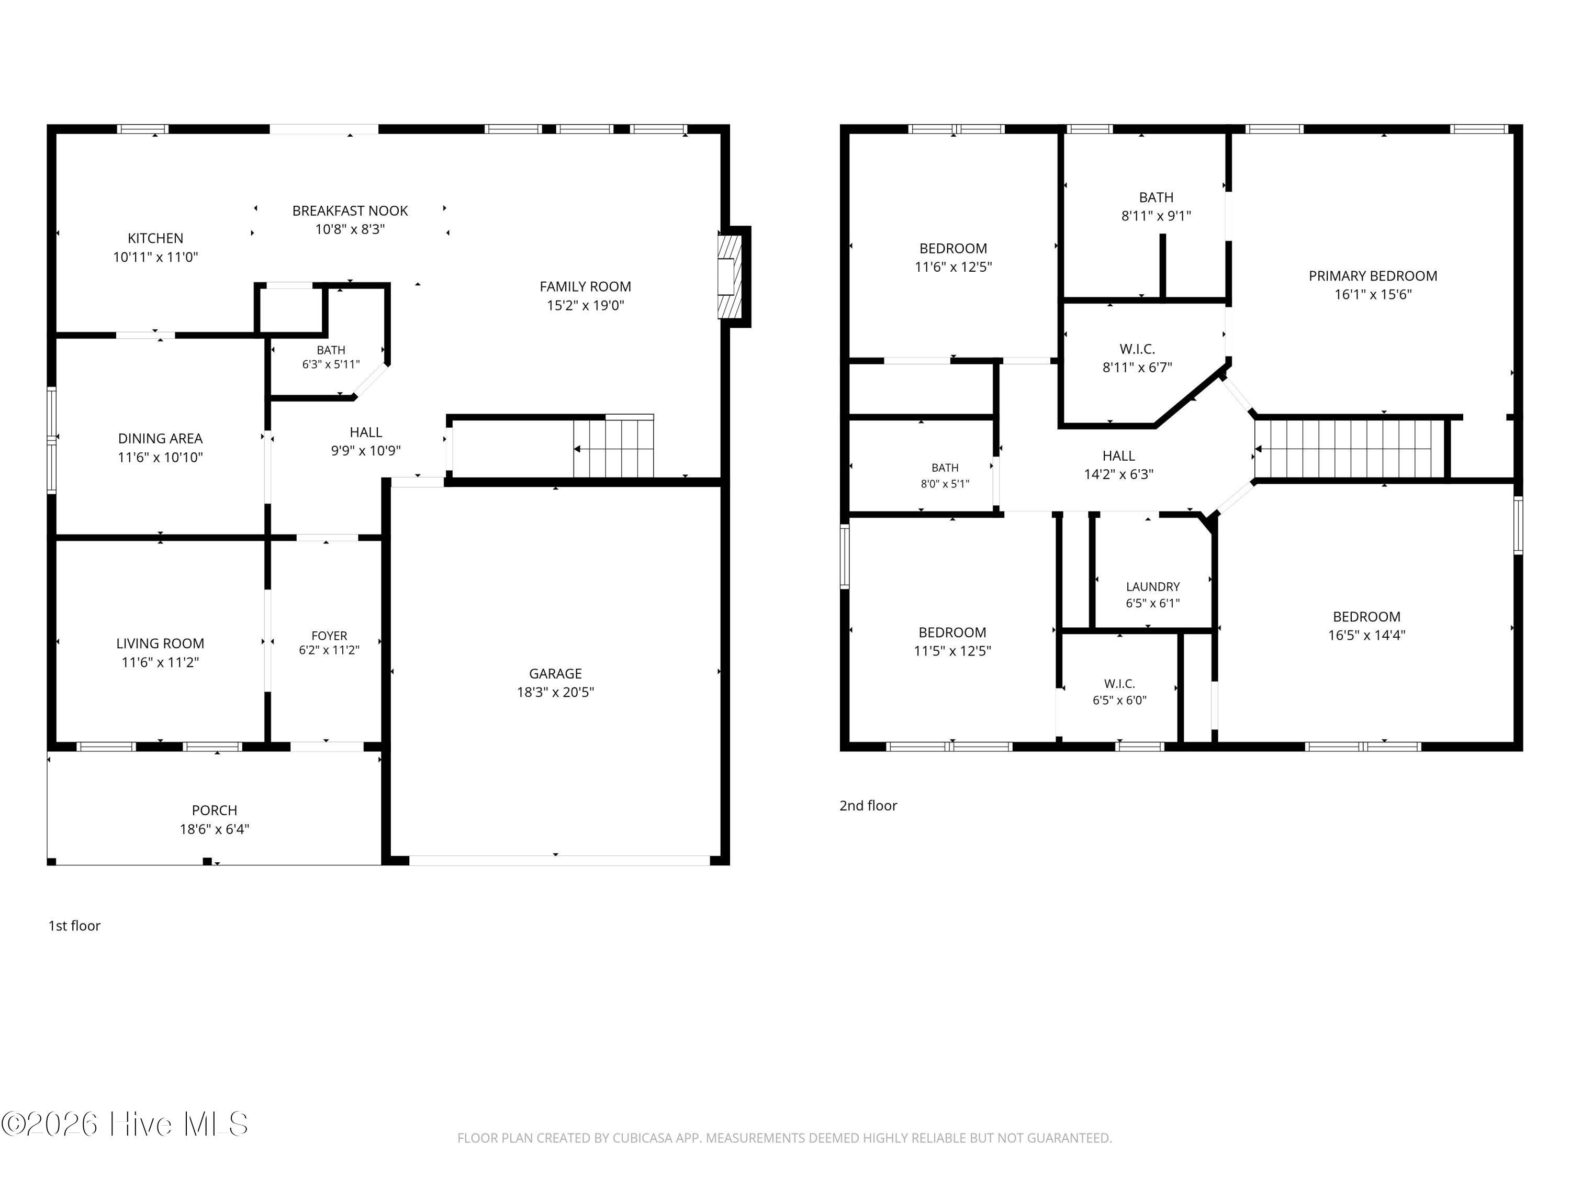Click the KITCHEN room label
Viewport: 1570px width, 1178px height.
(x=155, y=239)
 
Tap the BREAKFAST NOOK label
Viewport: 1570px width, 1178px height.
(x=350, y=211)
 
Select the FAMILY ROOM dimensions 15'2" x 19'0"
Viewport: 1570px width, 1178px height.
(x=585, y=305)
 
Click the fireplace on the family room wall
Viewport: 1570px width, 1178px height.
(x=731, y=276)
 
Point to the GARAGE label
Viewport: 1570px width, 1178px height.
(x=555, y=673)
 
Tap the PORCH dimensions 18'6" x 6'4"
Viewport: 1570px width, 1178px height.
(x=215, y=829)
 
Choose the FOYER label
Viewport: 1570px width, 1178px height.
(x=329, y=636)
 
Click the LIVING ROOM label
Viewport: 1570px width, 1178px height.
(x=161, y=643)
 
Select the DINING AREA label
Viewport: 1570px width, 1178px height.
(x=161, y=439)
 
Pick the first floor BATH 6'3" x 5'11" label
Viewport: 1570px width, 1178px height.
(x=331, y=357)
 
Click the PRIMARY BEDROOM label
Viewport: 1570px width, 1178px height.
(x=1373, y=276)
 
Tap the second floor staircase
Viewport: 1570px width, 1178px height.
(x=1350, y=449)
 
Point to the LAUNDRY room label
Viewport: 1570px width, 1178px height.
(x=1153, y=586)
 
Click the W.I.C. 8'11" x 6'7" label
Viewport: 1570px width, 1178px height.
(x=1137, y=358)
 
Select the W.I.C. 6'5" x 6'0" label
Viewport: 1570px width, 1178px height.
(x=1119, y=692)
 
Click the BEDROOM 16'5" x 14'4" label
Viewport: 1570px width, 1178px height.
(x=1366, y=626)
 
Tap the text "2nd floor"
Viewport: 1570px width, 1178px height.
(x=868, y=805)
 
